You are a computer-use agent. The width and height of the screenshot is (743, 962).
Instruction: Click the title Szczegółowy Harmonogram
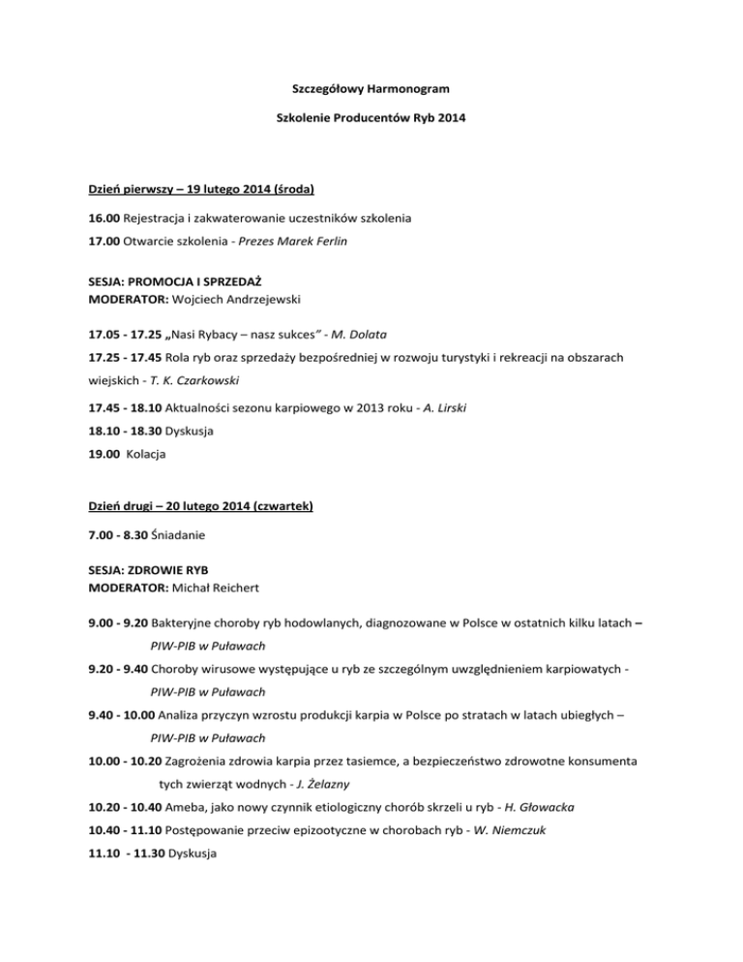371,90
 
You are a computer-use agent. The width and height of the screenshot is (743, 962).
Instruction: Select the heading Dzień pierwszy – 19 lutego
197,184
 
